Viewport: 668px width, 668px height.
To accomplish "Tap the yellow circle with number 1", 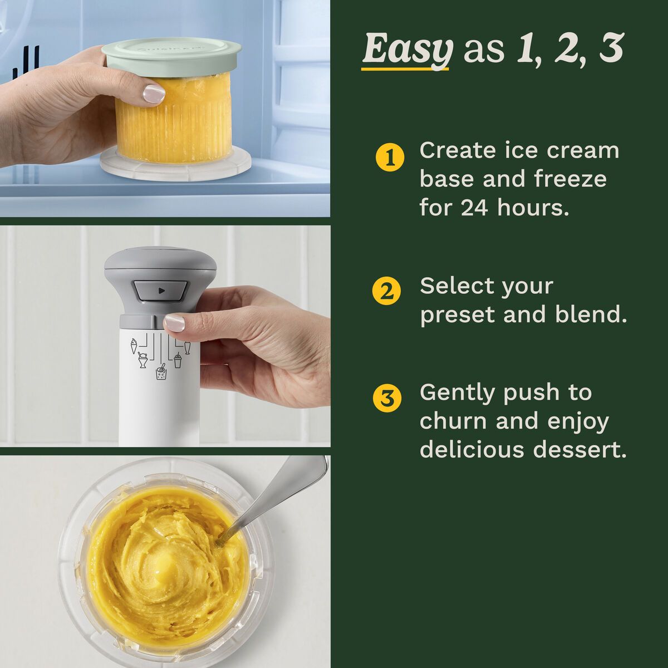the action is pyautogui.click(x=390, y=158).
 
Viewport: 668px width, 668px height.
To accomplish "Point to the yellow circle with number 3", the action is pyautogui.click(x=387, y=399).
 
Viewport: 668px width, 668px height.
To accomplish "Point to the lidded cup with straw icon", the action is pyautogui.click(x=177, y=360).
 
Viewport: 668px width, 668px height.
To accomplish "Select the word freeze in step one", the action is pyautogui.click(x=570, y=179).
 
